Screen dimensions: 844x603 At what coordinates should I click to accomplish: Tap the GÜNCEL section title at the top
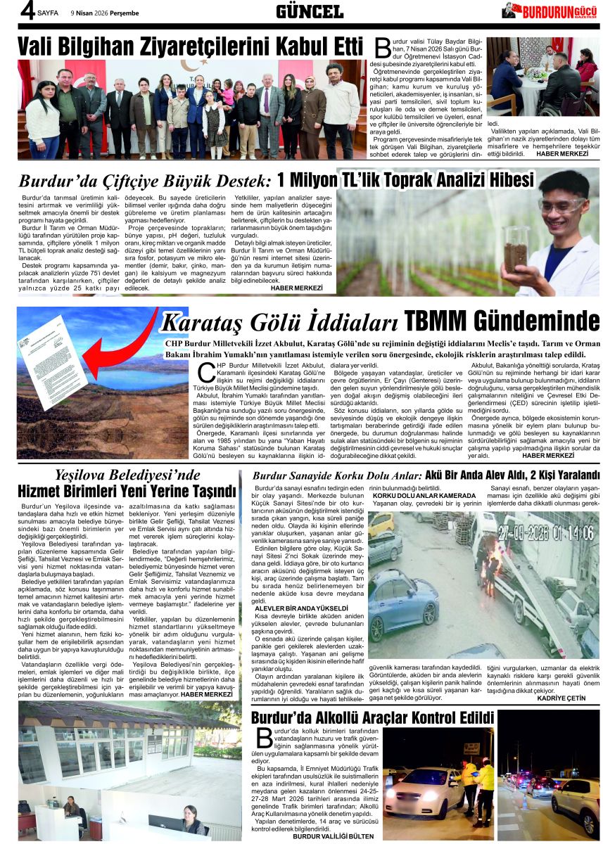point(309,11)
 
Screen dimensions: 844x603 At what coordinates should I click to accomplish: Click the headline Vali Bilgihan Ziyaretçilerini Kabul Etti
point(189,46)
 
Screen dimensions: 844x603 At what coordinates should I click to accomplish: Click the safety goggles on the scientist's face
point(561,206)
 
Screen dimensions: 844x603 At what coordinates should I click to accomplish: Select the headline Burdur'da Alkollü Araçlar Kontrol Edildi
point(372,717)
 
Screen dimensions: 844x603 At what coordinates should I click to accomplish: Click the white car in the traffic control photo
point(423,791)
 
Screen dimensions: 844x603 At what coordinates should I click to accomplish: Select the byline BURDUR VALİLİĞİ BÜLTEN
point(334,836)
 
